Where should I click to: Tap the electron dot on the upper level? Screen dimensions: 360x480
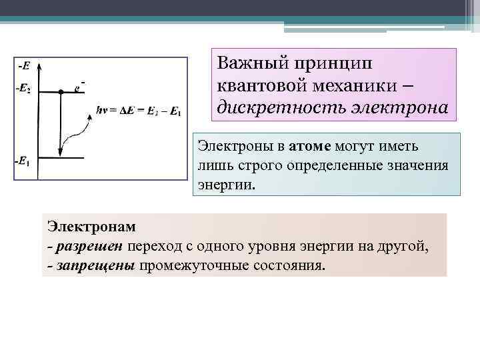pos(61,91)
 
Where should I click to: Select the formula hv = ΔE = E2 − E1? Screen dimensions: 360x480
pos(139,109)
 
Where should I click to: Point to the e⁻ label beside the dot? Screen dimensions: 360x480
pos(79,86)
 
